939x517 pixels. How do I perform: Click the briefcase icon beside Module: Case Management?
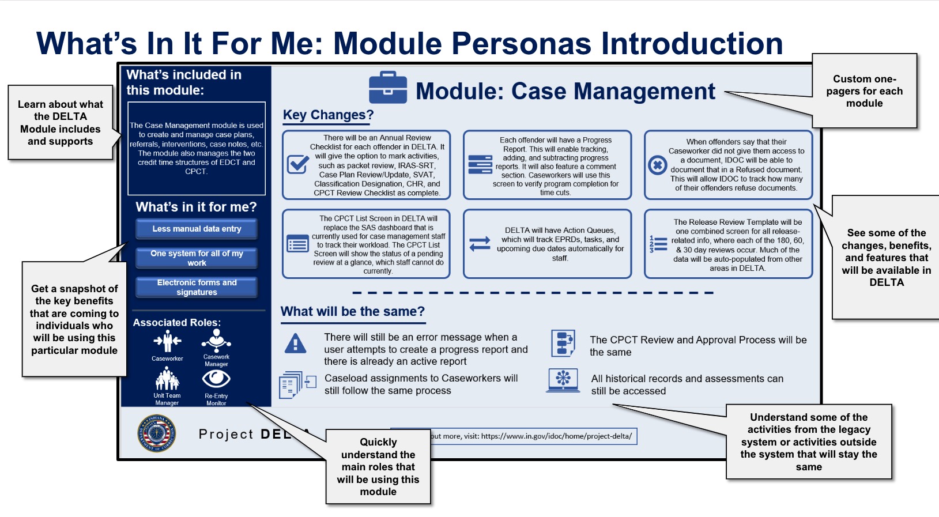(388, 88)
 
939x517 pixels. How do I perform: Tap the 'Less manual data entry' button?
(197, 229)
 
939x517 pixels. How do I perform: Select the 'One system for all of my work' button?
(197, 258)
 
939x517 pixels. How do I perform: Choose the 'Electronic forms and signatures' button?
(197, 287)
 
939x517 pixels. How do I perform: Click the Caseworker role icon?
(167, 341)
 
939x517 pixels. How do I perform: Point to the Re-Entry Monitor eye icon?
(216, 379)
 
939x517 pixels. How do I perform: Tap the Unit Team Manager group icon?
(167, 379)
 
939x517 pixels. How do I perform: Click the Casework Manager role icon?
(216, 340)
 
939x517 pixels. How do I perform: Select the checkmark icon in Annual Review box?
(298, 164)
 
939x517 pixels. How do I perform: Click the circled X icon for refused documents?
(657, 165)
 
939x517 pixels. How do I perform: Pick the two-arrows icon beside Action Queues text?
(480, 244)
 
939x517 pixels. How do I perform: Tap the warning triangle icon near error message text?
(296, 344)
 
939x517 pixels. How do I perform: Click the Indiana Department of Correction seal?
(157, 433)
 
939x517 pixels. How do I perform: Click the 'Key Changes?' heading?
(328, 115)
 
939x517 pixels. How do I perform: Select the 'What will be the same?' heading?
(352, 312)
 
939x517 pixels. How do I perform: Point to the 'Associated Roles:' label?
(176, 323)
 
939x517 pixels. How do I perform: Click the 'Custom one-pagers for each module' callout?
(863, 91)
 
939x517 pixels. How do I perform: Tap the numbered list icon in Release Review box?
(658, 244)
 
